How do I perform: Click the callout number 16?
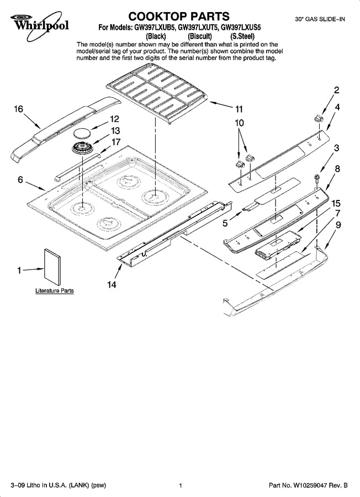(x=18, y=109)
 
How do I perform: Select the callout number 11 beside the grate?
(x=239, y=109)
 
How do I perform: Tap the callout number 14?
(x=112, y=284)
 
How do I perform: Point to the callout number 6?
(x=20, y=179)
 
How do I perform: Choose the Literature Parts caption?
(x=55, y=290)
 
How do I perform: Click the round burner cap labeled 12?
(x=82, y=133)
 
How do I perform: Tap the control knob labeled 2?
(x=318, y=119)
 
